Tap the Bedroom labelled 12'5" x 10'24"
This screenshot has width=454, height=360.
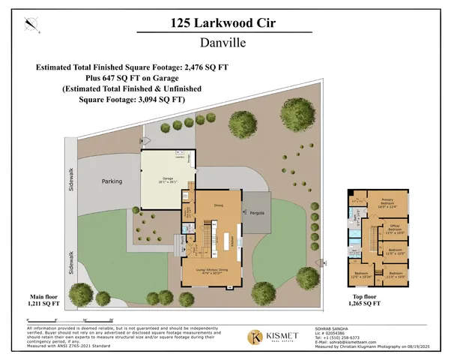tap(362, 275)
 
